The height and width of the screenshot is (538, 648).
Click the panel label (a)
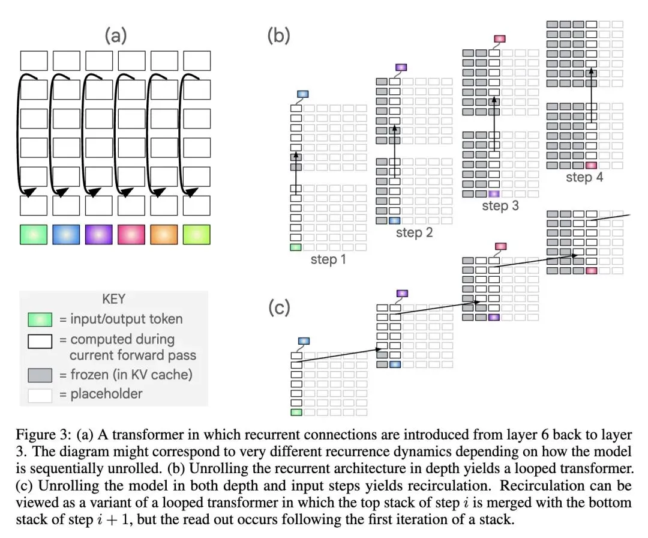click(x=115, y=35)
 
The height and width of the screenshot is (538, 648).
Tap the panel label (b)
click(x=278, y=35)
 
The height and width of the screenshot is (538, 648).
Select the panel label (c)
click(x=279, y=307)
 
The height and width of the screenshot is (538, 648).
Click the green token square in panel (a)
click(x=34, y=234)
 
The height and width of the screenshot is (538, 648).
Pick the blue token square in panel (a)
click(x=66, y=234)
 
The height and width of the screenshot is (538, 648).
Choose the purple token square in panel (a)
click(x=99, y=234)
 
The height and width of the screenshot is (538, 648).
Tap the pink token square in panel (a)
click(x=131, y=234)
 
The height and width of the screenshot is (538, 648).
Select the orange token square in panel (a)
click(x=164, y=234)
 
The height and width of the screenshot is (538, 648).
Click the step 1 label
click(x=328, y=260)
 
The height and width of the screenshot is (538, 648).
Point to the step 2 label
click(x=415, y=233)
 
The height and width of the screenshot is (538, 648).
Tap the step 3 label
click(x=500, y=206)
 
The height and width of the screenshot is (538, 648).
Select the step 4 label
click(x=584, y=178)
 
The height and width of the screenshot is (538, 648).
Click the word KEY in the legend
click(x=113, y=299)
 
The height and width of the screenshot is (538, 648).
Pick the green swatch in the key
click(x=40, y=319)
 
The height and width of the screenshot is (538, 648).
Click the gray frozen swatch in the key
click(x=40, y=375)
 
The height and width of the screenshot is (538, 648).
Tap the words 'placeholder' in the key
click(x=106, y=394)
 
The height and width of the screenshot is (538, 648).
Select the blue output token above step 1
click(x=303, y=94)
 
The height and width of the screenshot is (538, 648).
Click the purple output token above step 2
click(x=401, y=67)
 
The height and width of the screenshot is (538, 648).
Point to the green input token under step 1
click(x=296, y=247)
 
